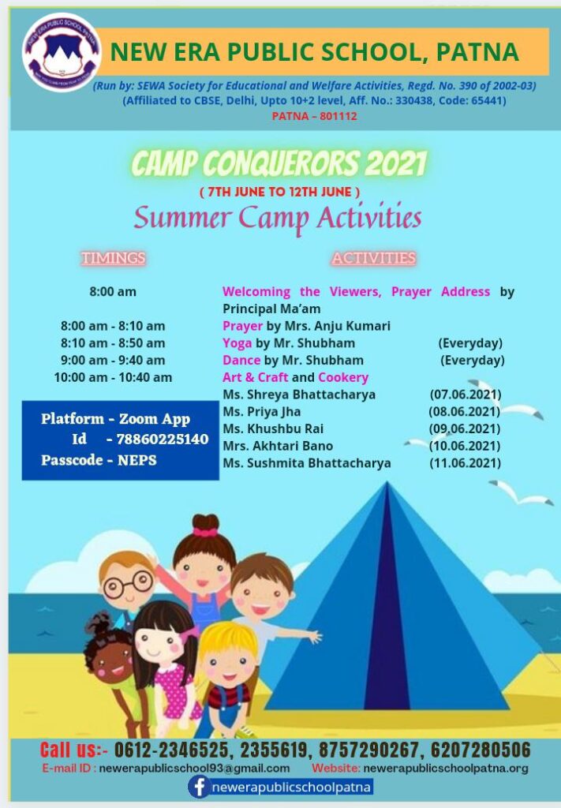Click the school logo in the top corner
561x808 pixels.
click(x=61, y=51)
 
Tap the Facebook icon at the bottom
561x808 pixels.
click(x=199, y=787)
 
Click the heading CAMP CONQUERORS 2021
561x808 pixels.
click(x=279, y=164)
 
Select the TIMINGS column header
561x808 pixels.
click(x=113, y=258)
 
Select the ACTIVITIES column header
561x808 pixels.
click(x=373, y=258)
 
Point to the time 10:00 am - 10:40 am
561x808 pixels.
click(x=113, y=377)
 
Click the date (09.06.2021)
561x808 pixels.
click(x=465, y=428)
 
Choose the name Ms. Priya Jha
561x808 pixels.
click(x=261, y=412)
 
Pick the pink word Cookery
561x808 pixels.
click(x=343, y=377)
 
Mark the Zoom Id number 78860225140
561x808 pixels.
click(x=163, y=440)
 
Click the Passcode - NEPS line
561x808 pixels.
click(x=99, y=460)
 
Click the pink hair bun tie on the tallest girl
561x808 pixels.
click(x=204, y=532)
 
